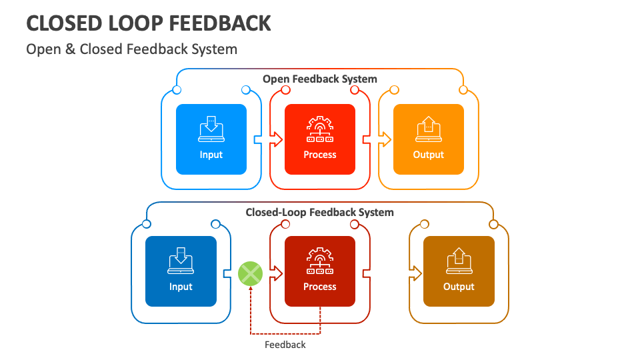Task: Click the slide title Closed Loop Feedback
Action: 149,23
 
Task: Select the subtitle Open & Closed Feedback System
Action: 131,49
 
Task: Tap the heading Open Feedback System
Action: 319,79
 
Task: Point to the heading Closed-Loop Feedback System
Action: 319,212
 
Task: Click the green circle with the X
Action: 251,273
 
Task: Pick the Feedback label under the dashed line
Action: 285,345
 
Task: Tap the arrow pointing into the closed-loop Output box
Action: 416,272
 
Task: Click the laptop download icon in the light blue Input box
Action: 211,129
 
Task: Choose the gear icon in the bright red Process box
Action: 320,129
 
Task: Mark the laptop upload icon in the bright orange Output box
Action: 428,129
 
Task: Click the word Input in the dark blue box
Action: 181,287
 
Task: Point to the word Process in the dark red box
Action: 320,287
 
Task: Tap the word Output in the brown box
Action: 459,287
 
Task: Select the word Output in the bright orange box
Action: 428,155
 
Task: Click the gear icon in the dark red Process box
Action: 320,261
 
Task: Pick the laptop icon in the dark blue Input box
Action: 181,261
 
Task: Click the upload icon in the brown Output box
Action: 459,261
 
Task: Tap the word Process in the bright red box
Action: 320,155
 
